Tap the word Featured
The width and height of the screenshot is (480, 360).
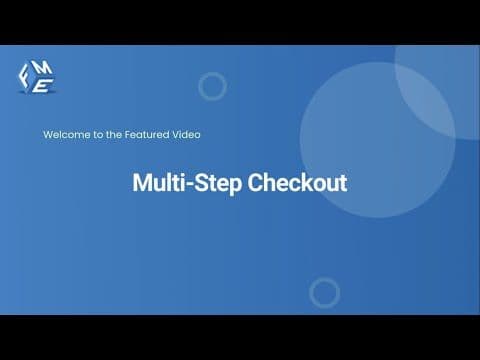pos(147,135)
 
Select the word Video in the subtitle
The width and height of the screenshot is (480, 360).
pos(186,135)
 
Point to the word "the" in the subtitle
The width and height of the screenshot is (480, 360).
pos(114,135)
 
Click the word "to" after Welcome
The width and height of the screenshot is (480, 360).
pos(98,135)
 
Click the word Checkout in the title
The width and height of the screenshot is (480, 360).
pos(297,183)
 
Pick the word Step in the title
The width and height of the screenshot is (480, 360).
pos(218,184)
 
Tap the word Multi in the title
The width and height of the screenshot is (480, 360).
pos(159,182)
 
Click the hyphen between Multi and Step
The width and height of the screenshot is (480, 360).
pos(190,184)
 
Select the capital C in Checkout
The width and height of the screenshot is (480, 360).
pos(255,183)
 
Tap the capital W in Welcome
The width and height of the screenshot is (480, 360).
pos(48,135)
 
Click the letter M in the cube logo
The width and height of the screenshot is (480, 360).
pos(43,68)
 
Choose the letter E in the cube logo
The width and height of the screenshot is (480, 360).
pos(42,85)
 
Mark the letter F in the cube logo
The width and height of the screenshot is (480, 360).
pos(24,75)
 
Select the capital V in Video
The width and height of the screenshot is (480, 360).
pos(176,135)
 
